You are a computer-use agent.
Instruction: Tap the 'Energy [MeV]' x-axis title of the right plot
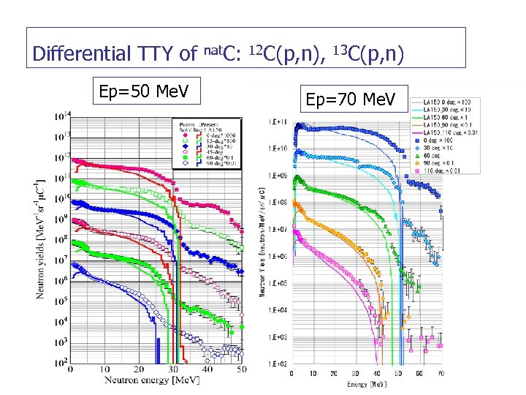(366, 383)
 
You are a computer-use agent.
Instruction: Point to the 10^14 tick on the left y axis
(59, 115)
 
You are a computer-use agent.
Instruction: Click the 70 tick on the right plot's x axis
(440, 374)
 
